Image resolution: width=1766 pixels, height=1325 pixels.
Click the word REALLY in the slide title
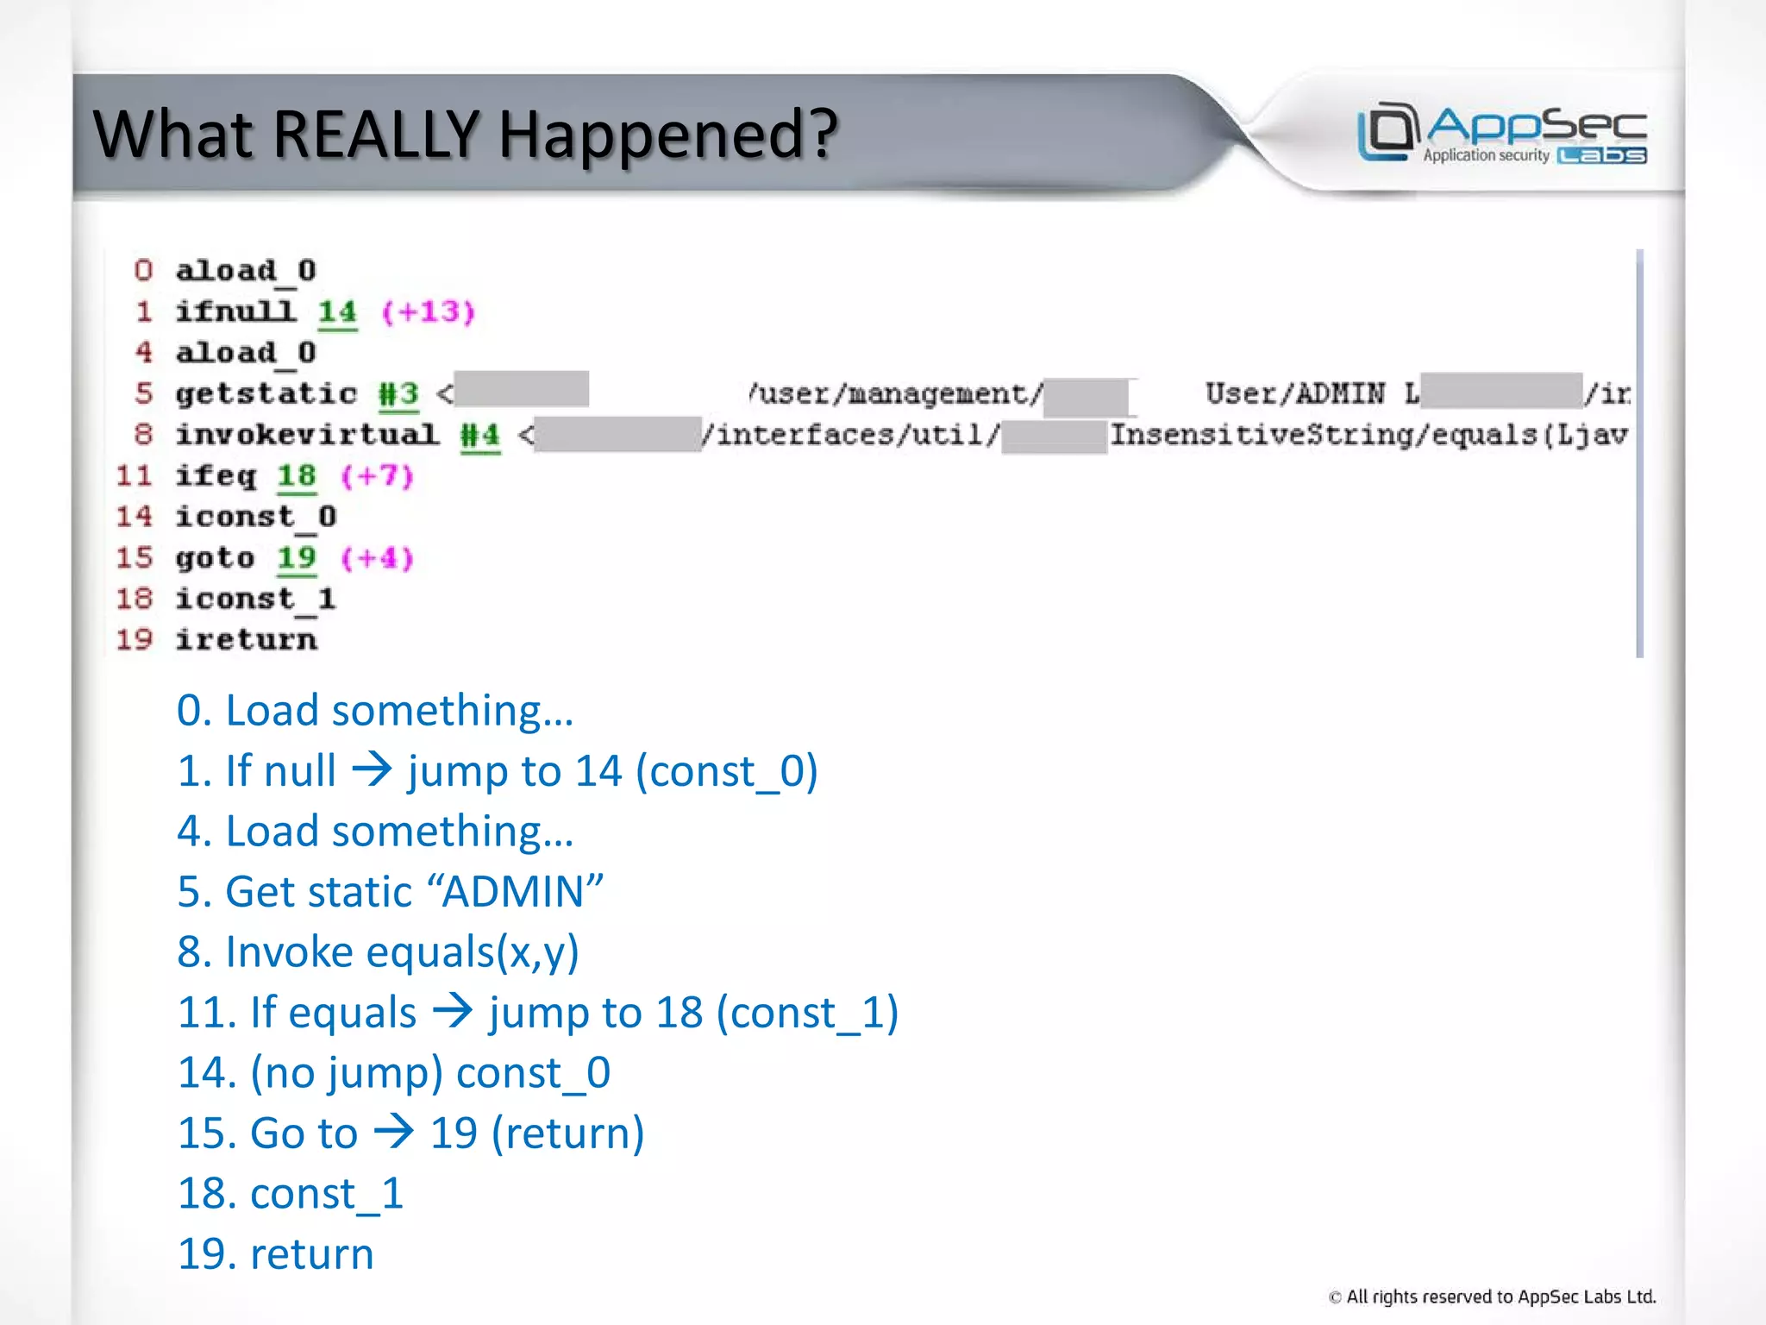coord(376,135)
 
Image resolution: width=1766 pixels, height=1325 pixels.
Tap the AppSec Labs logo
coord(1501,133)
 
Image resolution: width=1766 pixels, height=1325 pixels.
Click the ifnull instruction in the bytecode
coord(235,311)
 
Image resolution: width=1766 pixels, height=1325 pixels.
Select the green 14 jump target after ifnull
coord(336,311)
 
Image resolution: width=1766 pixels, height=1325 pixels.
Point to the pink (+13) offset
coord(429,311)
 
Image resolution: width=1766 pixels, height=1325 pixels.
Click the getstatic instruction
coord(266,393)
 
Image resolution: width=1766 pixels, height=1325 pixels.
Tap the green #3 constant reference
coord(398,394)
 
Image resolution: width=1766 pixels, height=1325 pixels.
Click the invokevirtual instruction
coord(307,434)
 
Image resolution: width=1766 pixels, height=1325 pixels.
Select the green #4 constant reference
coord(479,435)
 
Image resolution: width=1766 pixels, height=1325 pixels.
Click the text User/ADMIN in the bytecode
coord(1294,393)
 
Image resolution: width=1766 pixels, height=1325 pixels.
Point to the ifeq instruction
coord(216,475)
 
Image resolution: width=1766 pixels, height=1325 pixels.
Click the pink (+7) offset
coord(377,475)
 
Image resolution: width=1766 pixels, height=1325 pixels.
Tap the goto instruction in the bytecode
coord(215,558)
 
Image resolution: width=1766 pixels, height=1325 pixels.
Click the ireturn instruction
coord(246,639)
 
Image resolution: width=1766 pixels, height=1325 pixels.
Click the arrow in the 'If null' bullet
coord(373,769)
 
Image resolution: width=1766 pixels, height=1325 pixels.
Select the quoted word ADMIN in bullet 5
coord(515,891)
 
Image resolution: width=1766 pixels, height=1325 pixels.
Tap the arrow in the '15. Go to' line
coord(394,1131)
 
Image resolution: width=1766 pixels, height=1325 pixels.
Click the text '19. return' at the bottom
coord(275,1253)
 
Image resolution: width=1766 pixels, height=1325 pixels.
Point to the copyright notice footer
coord(1492,1297)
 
